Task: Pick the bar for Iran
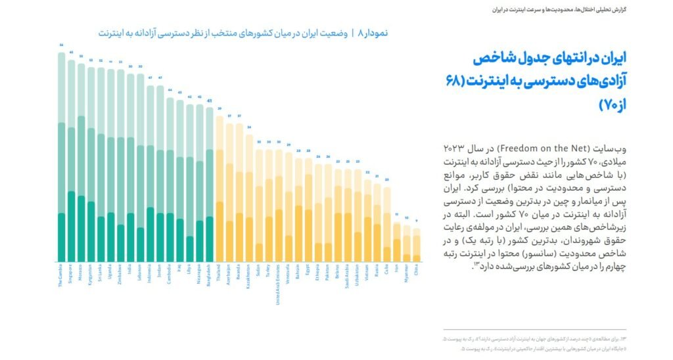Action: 397,242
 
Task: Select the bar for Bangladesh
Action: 210,185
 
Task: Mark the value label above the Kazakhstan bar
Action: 249,127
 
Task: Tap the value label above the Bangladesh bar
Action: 210,101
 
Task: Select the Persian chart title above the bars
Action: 243,32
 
